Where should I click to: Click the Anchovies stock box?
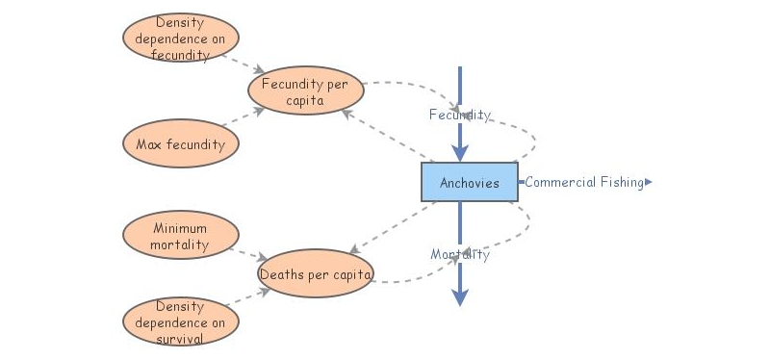coord(469,182)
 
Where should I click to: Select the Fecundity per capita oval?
coord(306,91)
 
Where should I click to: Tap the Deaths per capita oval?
coord(315,274)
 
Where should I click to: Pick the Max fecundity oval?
coord(181,145)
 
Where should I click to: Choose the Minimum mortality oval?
coord(181,237)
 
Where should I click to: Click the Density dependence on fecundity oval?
coord(181,38)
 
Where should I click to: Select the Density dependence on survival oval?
coord(181,322)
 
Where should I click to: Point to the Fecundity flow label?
coord(459,115)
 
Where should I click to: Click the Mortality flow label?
coord(459,254)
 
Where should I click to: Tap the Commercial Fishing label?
coord(583,182)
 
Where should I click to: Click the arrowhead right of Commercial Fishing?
coord(649,182)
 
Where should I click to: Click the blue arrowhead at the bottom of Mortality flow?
coord(460,297)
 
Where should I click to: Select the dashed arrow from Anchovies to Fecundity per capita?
coord(385,135)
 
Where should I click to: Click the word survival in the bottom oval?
coord(181,338)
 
